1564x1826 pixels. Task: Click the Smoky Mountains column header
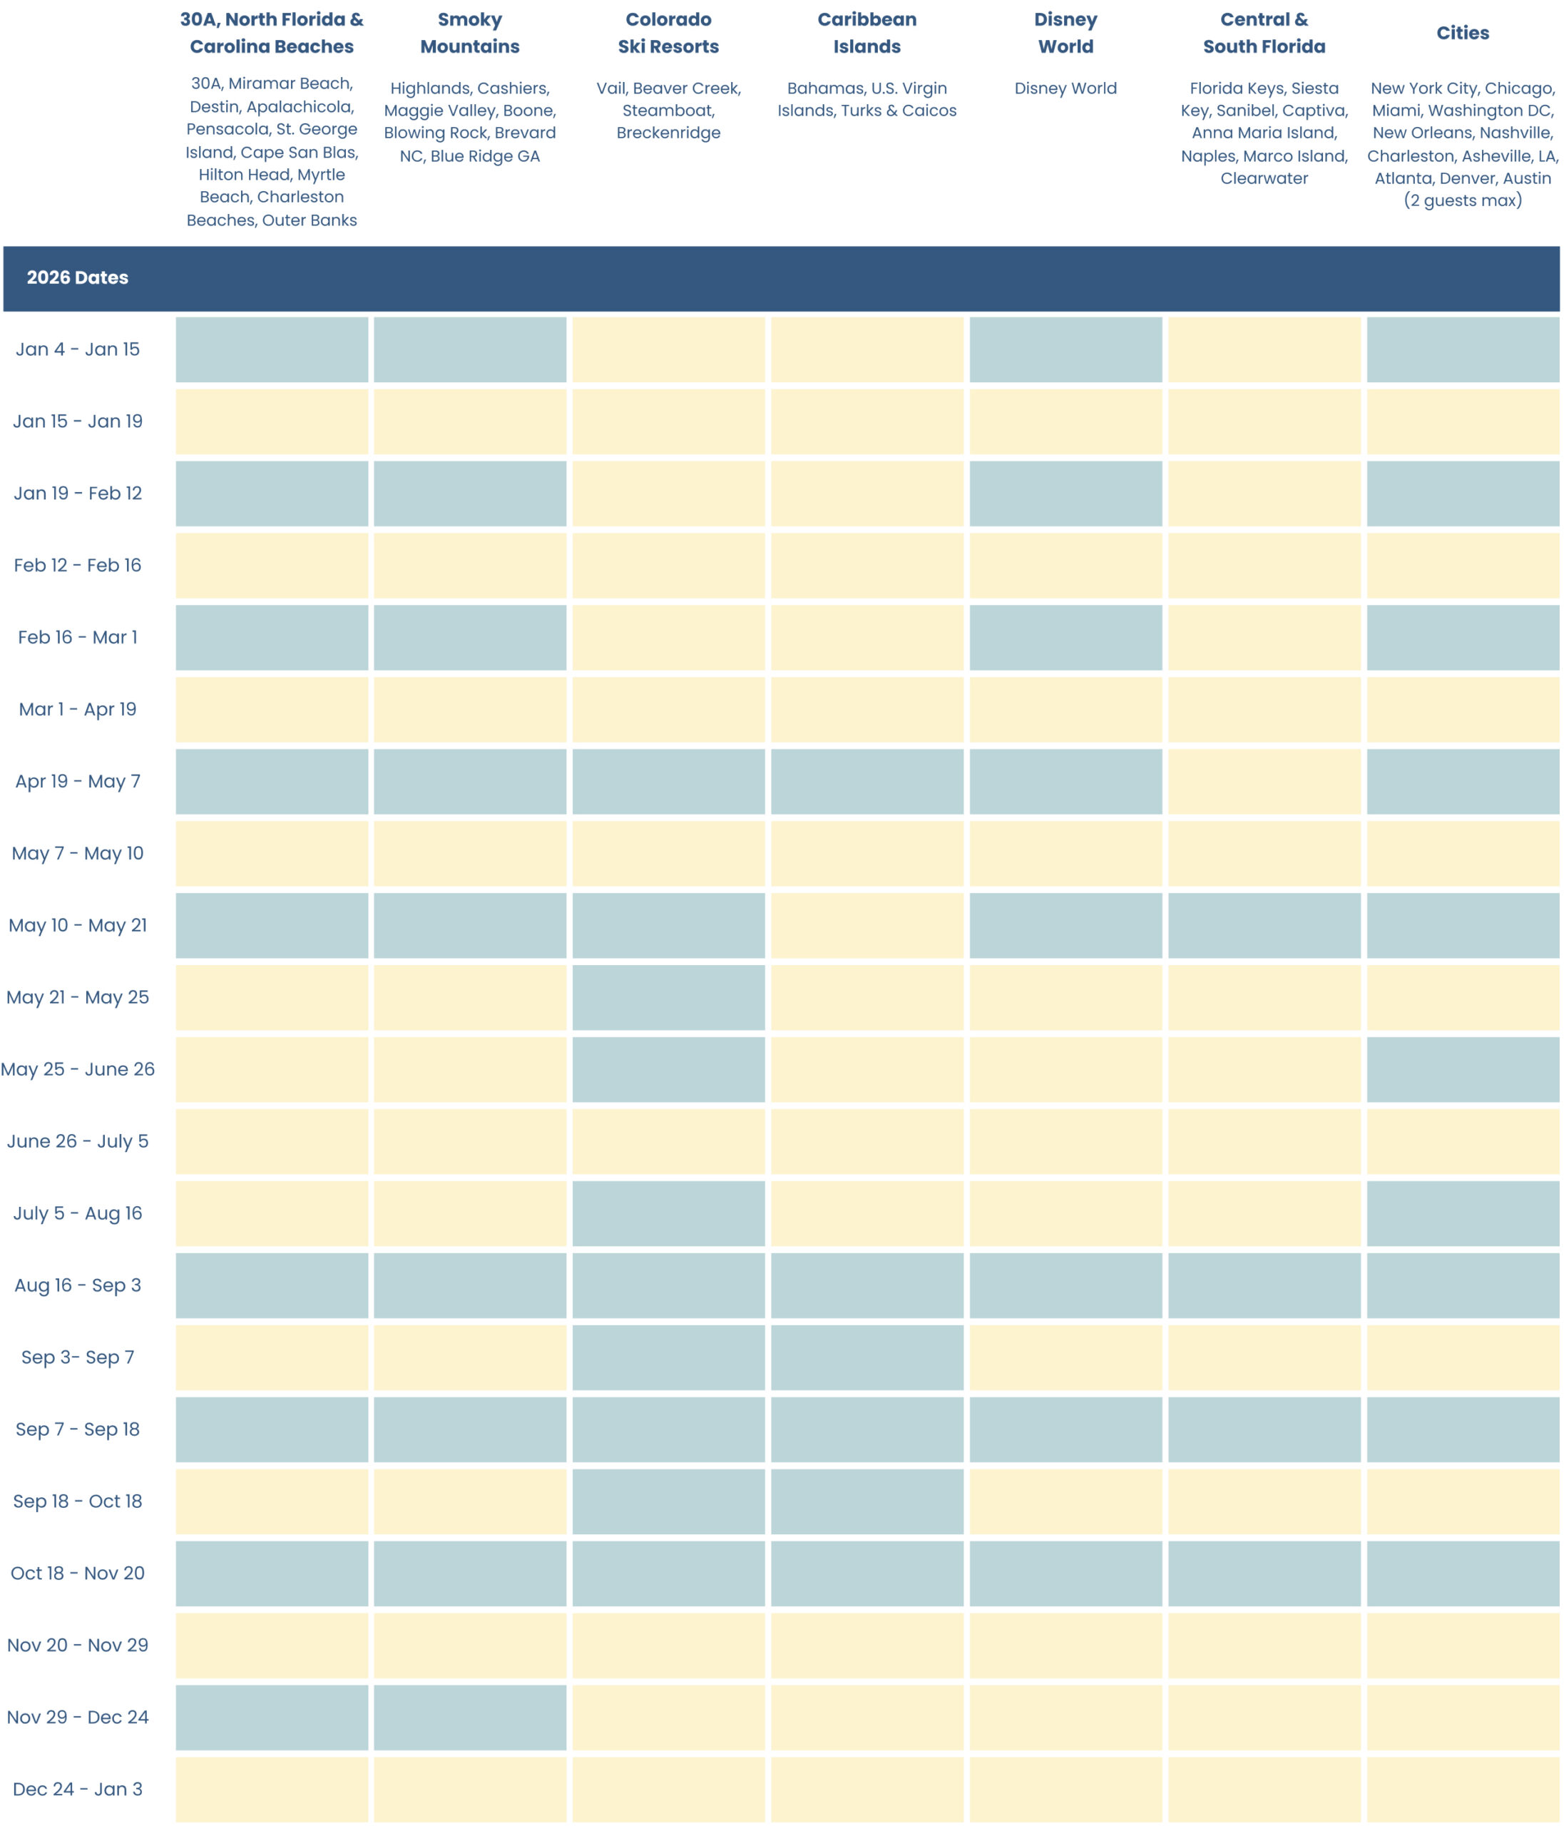(x=470, y=33)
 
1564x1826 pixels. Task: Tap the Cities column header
(x=1462, y=33)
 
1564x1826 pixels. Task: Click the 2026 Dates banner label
(x=78, y=277)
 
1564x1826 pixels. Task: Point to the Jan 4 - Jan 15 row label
(x=78, y=349)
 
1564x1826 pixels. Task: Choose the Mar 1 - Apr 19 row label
(x=78, y=710)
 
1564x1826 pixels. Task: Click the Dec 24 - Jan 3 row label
(x=78, y=1789)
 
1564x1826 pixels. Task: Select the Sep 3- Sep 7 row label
(x=78, y=1357)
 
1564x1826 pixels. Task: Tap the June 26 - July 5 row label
(x=78, y=1141)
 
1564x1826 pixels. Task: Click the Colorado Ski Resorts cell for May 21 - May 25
(x=668, y=998)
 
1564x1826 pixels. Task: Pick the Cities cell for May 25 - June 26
(x=1462, y=1069)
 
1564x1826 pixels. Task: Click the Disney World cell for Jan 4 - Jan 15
(x=1065, y=349)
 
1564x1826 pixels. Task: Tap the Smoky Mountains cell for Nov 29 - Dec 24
(x=470, y=1717)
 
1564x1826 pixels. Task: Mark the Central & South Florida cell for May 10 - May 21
(x=1264, y=925)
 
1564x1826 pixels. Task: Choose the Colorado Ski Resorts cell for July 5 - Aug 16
(x=668, y=1213)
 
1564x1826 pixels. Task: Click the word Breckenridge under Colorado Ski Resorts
(x=668, y=133)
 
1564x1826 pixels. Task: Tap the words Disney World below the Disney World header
(x=1065, y=88)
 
